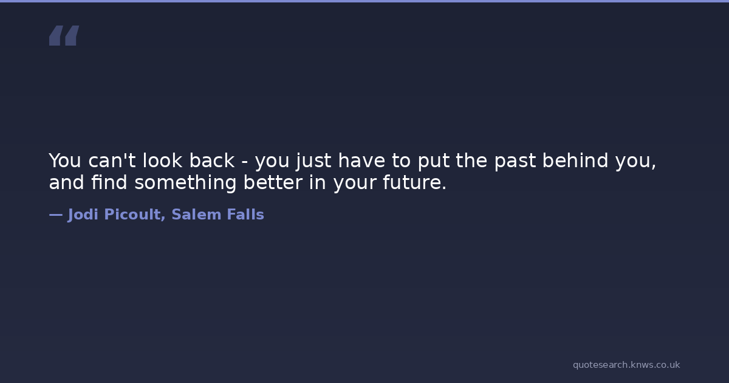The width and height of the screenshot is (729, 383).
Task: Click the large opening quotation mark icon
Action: click(64, 35)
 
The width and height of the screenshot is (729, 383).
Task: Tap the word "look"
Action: click(162, 160)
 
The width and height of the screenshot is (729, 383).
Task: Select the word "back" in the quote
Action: click(212, 160)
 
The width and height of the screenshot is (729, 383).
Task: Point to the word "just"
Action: click(313, 161)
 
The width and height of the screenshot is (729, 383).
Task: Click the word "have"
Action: click(361, 160)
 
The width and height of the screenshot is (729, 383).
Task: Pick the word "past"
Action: click(515, 161)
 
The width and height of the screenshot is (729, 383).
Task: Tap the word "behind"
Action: click(575, 160)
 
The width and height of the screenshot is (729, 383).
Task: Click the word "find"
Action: click(109, 182)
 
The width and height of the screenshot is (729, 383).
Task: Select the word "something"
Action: click(185, 183)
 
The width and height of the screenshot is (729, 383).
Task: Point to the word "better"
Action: click(273, 182)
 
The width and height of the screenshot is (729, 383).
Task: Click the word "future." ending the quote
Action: click(414, 182)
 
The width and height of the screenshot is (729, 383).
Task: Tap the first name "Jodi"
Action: click(83, 215)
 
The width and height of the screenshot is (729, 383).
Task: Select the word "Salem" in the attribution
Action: click(197, 215)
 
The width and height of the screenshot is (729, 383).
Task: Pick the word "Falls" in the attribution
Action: click(245, 215)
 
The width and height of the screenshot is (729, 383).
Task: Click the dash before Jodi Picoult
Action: click(56, 215)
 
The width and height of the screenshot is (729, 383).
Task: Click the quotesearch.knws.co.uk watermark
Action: click(626, 365)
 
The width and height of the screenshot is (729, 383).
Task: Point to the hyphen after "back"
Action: click(245, 162)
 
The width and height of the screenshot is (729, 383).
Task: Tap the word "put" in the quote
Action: click(434, 161)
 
